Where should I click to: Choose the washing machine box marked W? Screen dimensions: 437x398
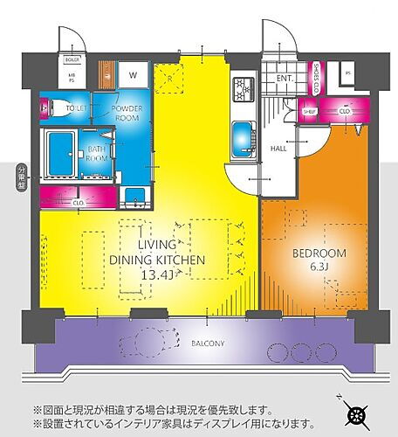pyautogui.click(x=133, y=73)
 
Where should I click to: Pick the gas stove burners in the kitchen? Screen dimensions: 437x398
pyautogui.click(x=243, y=87)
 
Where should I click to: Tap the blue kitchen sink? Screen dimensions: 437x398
pyautogui.click(x=243, y=135)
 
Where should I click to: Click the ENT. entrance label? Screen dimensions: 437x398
pyautogui.click(x=285, y=78)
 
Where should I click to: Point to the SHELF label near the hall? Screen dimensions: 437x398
pyautogui.click(x=308, y=111)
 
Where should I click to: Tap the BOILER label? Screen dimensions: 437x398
pyautogui.click(x=72, y=59)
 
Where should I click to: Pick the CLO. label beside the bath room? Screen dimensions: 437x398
pyautogui.click(x=79, y=202)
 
